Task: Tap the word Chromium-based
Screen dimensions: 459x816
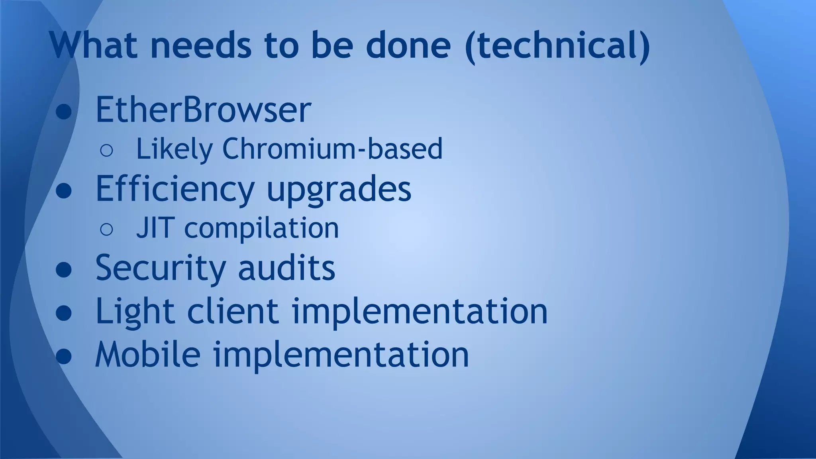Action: coord(332,149)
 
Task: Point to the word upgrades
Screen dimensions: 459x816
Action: coord(339,190)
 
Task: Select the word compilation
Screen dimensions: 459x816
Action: coord(261,229)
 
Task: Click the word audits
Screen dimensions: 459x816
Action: coord(286,268)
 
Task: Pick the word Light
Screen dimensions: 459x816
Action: coord(135,312)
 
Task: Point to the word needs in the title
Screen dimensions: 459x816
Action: coord(201,45)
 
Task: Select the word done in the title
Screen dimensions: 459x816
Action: coord(408,45)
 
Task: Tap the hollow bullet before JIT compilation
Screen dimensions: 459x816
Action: coord(106,229)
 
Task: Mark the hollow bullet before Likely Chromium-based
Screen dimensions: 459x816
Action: coord(106,150)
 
